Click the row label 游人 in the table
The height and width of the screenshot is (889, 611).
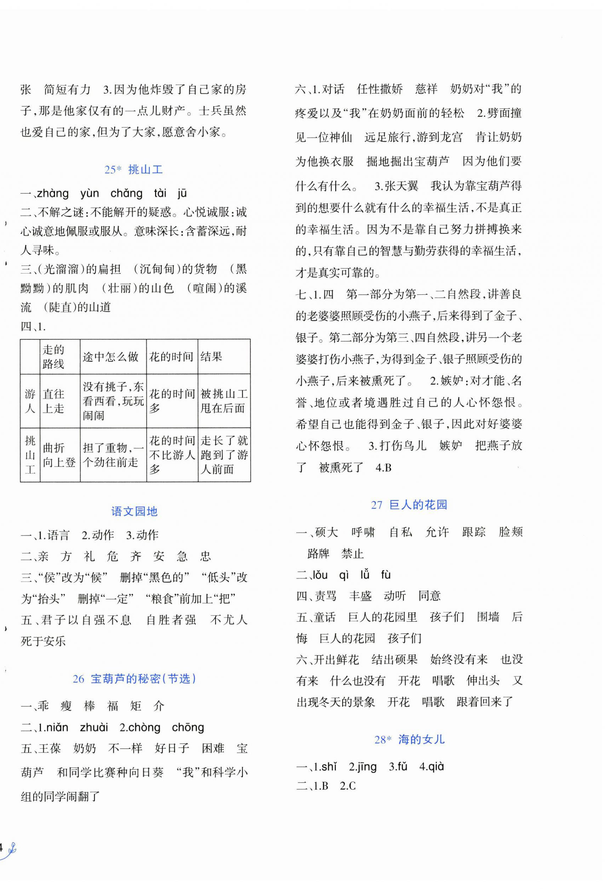[30, 401]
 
